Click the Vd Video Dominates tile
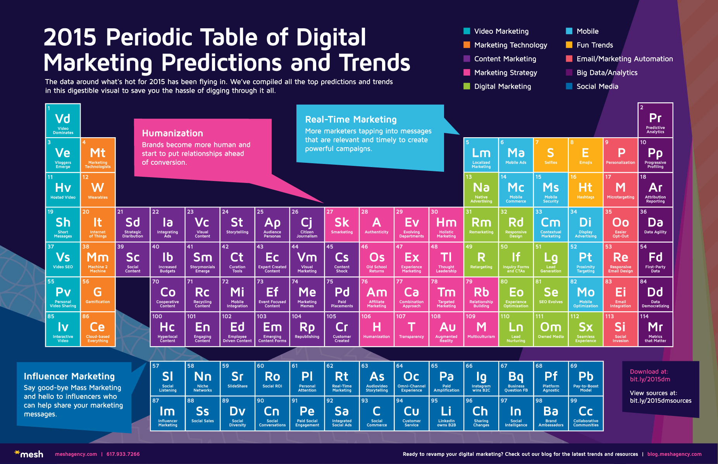click(63, 121)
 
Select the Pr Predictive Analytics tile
click(655, 120)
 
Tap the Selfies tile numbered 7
click(551, 155)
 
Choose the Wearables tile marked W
click(98, 190)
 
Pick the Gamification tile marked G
click(98, 294)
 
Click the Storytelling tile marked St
click(237, 224)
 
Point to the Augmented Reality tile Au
click(446, 329)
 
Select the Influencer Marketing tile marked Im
click(167, 413)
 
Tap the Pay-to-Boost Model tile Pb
click(586, 378)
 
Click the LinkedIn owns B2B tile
click(446, 413)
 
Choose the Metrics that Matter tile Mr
click(655, 329)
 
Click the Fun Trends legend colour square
click(569, 45)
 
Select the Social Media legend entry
click(597, 86)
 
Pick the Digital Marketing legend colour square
click(467, 86)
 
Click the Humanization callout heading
click(172, 133)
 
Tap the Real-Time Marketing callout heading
click(351, 119)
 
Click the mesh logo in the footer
click(29, 454)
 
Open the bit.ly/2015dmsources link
click(661, 401)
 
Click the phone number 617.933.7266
click(123, 454)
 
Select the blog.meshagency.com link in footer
click(674, 454)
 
